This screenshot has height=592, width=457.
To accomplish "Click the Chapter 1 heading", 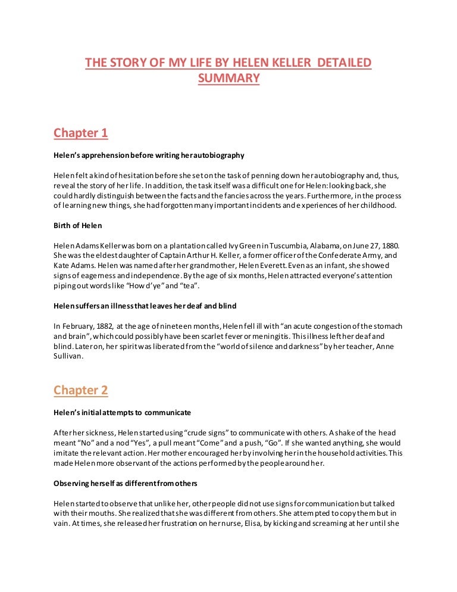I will [x=81, y=133].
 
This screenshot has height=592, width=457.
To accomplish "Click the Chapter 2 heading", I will [x=81, y=391].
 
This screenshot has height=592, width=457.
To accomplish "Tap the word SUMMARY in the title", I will [x=228, y=78].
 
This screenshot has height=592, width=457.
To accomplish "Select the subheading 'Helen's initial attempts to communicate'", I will [x=122, y=412].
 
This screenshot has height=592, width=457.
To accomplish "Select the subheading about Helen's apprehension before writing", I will [x=149, y=155].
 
